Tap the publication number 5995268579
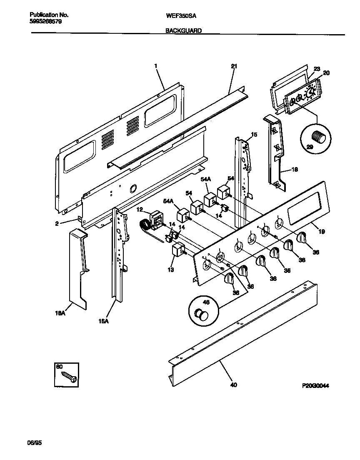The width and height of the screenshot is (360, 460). (x=46, y=22)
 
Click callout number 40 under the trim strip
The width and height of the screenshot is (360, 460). (x=233, y=385)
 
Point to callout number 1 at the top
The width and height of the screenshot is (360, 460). (x=155, y=65)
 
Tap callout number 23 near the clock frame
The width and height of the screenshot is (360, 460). (x=316, y=69)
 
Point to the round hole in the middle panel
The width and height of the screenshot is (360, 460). (x=133, y=189)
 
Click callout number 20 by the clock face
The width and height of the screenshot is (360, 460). (x=326, y=73)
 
